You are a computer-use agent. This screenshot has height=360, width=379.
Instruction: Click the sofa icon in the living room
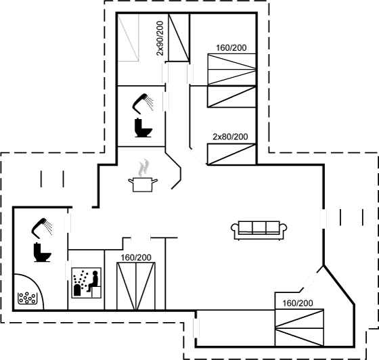(x=259, y=230)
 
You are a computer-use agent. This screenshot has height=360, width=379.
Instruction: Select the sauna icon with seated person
(x=87, y=283)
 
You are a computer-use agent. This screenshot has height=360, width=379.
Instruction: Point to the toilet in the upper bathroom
(x=143, y=128)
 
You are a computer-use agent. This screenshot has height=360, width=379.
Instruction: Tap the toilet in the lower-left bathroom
(x=42, y=252)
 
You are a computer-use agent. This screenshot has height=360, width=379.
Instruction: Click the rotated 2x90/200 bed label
(x=160, y=39)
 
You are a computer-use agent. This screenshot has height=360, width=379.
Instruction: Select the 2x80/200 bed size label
(x=230, y=137)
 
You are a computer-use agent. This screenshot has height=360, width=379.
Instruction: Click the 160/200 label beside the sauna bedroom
(x=136, y=258)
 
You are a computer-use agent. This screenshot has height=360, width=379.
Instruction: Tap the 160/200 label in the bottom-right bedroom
(x=298, y=303)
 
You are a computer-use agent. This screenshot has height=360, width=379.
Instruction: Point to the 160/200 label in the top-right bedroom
(x=231, y=48)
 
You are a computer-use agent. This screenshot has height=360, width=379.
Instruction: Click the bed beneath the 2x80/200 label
(x=231, y=154)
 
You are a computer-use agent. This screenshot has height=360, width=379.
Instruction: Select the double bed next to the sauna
(x=136, y=286)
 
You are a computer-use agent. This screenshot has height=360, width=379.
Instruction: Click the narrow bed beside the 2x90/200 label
(x=179, y=37)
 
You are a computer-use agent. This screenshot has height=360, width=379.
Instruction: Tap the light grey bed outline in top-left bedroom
(x=129, y=37)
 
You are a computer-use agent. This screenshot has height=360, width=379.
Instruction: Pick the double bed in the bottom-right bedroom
(x=299, y=328)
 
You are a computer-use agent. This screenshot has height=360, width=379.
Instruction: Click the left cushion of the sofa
(x=245, y=227)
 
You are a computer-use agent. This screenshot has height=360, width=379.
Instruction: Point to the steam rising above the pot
(x=143, y=167)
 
